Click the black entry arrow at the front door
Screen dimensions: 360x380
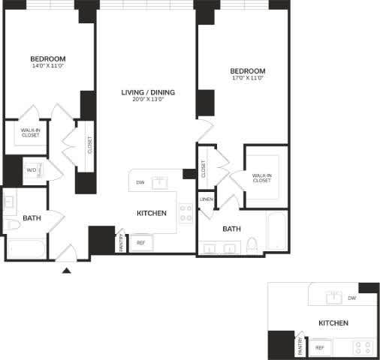[67, 270]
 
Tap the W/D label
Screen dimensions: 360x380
[32, 170]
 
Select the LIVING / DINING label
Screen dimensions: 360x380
[148, 93]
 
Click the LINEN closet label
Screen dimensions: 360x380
[207, 199]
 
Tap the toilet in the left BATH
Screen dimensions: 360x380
[12, 225]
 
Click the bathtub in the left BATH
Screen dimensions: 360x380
[26, 248]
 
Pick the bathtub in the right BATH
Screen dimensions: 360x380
[276, 232]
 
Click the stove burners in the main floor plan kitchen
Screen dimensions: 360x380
[185, 212]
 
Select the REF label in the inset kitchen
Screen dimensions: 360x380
[319, 348]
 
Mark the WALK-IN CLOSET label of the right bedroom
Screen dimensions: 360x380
[262, 178]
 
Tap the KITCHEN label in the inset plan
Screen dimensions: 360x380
[333, 322]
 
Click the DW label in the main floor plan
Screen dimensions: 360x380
[140, 182]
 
